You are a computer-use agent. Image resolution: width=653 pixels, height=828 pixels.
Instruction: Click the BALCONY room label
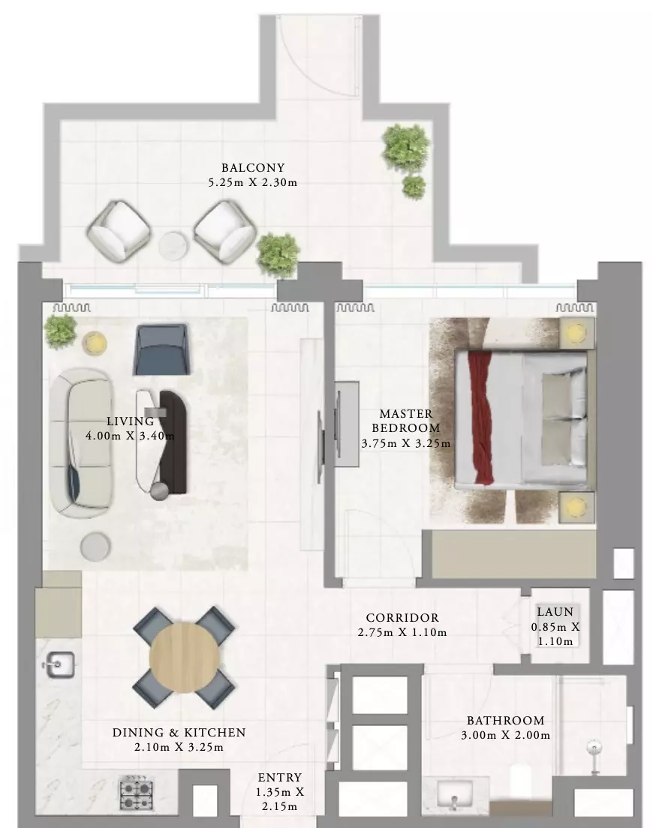pyautogui.click(x=252, y=168)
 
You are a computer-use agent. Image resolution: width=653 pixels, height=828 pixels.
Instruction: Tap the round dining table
pyautogui.click(x=184, y=658)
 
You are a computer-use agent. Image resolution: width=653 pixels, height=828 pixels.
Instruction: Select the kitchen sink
pyautogui.click(x=59, y=664)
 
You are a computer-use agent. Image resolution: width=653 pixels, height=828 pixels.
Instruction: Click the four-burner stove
pyautogui.click(x=137, y=792)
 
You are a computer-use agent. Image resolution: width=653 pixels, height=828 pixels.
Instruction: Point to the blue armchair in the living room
pyautogui.click(x=161, y=349)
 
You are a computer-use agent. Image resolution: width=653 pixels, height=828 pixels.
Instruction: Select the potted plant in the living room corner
pyautogui.click(x=60, y=331)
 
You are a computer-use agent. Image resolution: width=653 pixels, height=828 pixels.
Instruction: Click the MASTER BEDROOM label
pyautogui.click(x=406, y=421)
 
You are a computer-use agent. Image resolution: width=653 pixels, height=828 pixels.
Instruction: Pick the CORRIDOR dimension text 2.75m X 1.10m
pyautogui.click(x=402, y=632)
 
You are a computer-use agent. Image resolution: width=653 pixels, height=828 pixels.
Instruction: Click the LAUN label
pyautogui.click(x=555, y=612)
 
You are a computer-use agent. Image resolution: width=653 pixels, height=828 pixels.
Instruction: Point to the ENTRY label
pyautogui.click(x=279, y=778)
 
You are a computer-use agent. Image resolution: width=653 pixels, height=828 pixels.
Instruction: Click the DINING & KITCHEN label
pyautogui.click(x=179, y=733)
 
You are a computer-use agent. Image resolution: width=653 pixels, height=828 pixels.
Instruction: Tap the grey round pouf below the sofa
pyautogui.click(x=95, y=547)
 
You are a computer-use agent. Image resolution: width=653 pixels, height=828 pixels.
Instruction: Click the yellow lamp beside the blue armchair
pyautogui.click(x=95, y=343)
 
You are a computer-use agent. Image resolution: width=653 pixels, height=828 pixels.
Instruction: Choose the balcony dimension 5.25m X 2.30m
pyautogui.click(x=252, y=183)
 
